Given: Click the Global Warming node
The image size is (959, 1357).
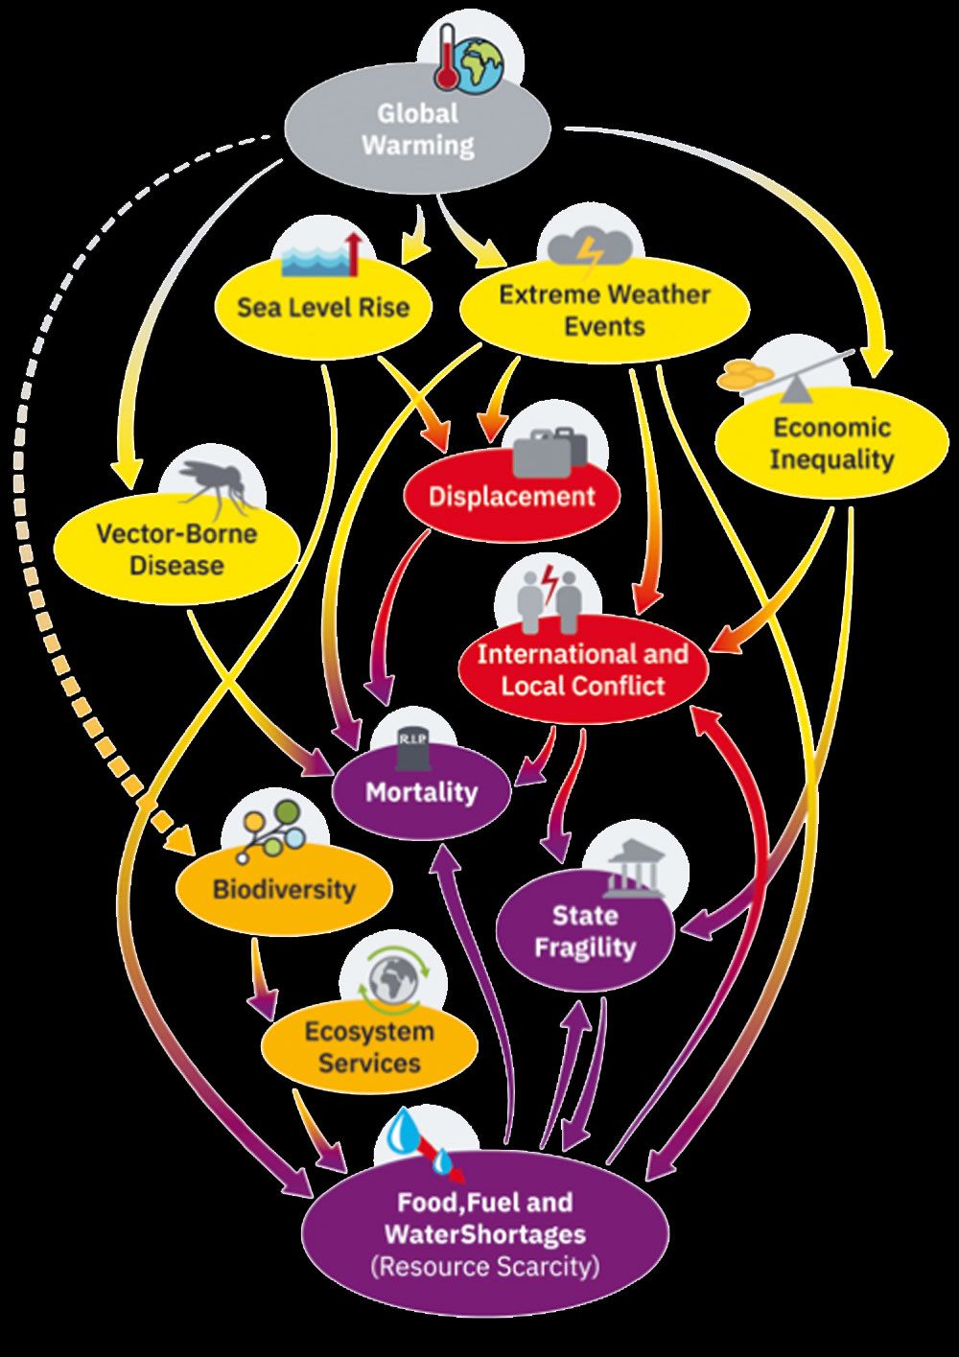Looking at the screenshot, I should [418, 130].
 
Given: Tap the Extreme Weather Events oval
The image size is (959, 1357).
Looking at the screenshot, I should [604, 310].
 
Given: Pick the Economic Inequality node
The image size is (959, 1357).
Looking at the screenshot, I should [831, 443].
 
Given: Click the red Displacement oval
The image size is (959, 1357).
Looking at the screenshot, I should [511, 497].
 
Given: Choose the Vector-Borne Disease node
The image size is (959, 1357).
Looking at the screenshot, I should [176, 549].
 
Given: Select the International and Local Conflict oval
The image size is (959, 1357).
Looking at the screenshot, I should [582, 669].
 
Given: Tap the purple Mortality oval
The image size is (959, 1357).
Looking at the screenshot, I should [421, 792].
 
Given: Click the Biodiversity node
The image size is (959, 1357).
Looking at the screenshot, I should [284, 888].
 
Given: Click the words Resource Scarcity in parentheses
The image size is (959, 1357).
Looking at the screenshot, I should [485, 1266].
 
